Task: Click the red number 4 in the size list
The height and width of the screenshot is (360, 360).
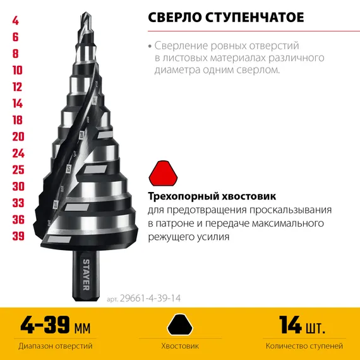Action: [x=15, y=21]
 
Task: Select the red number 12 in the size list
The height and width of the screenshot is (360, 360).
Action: [x=17, y=87]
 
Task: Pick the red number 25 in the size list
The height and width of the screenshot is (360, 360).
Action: [x=18, y=169]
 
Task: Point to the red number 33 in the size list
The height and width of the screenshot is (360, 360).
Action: [x=18, y=203]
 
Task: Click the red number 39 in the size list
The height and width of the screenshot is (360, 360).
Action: [x=18, y=236]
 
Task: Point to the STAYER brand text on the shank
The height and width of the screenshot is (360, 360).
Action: [x=87, y=272]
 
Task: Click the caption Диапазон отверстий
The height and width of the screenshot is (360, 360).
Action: [x=56, y=346]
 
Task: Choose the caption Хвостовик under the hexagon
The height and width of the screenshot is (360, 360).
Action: [x=180, y=346]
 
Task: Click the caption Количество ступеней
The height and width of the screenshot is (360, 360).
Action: [x=304, y=346]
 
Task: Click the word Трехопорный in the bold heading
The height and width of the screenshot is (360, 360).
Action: [x=184, y=196]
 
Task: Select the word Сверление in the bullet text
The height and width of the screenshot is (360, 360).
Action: [x=183, y=46]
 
